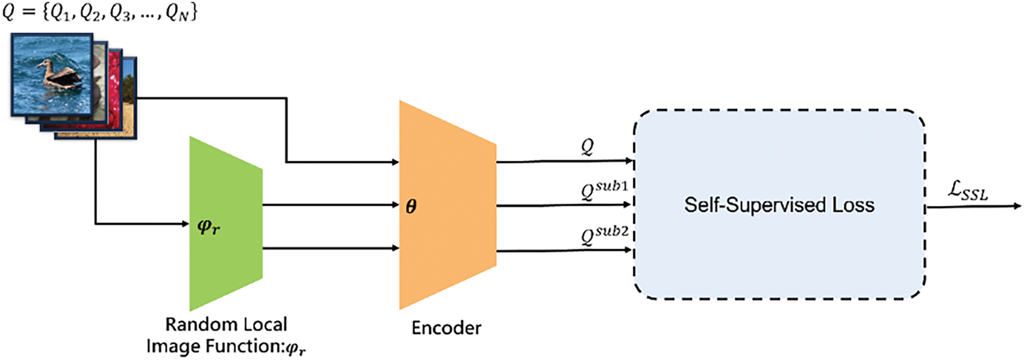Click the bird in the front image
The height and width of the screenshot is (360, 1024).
pos(60,75)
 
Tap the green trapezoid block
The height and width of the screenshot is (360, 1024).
pos(226,223)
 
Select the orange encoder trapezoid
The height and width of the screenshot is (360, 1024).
pos(447,205)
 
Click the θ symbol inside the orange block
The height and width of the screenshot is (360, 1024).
pos(411,207)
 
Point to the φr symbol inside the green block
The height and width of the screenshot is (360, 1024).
pos(209,226)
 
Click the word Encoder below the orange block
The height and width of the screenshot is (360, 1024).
pos(446,328)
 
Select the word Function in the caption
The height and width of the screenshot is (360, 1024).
pos(243,346)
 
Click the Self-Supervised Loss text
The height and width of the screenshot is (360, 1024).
pos(779,205)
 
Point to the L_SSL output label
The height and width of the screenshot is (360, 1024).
pos(968,191)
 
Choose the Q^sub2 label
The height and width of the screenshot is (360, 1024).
pos(605,235)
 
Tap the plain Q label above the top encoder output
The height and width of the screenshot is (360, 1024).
pos(588,147)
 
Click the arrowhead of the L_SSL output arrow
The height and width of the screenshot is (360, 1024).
pos(1018,206)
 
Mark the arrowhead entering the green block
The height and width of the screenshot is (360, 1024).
pos(185,223)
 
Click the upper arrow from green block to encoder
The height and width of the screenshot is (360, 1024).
pos(331,205)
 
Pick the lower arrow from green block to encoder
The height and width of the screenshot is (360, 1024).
pos(331,248)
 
